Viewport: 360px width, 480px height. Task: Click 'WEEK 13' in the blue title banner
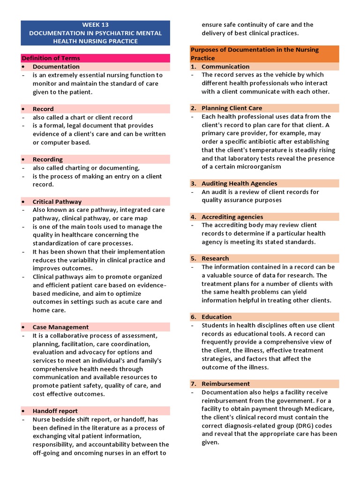point(95,24)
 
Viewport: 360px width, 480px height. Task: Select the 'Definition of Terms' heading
point(50,58)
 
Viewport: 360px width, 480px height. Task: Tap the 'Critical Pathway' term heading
point(57,202)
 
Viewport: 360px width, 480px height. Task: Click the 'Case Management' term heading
point(60,327)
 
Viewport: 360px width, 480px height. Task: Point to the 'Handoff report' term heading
point(55,411)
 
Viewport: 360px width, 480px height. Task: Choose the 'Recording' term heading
point(47,159)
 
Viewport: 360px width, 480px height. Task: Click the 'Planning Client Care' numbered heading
point(232,108)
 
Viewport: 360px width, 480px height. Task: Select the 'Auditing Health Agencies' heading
point(239,183)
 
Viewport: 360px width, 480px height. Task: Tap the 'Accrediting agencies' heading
point(232,217)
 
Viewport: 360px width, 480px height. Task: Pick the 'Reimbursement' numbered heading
point(225,384)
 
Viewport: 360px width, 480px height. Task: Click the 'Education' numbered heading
point(217,317)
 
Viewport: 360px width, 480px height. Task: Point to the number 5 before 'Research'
point(193,258)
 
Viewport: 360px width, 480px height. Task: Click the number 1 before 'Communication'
point(193,67)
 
